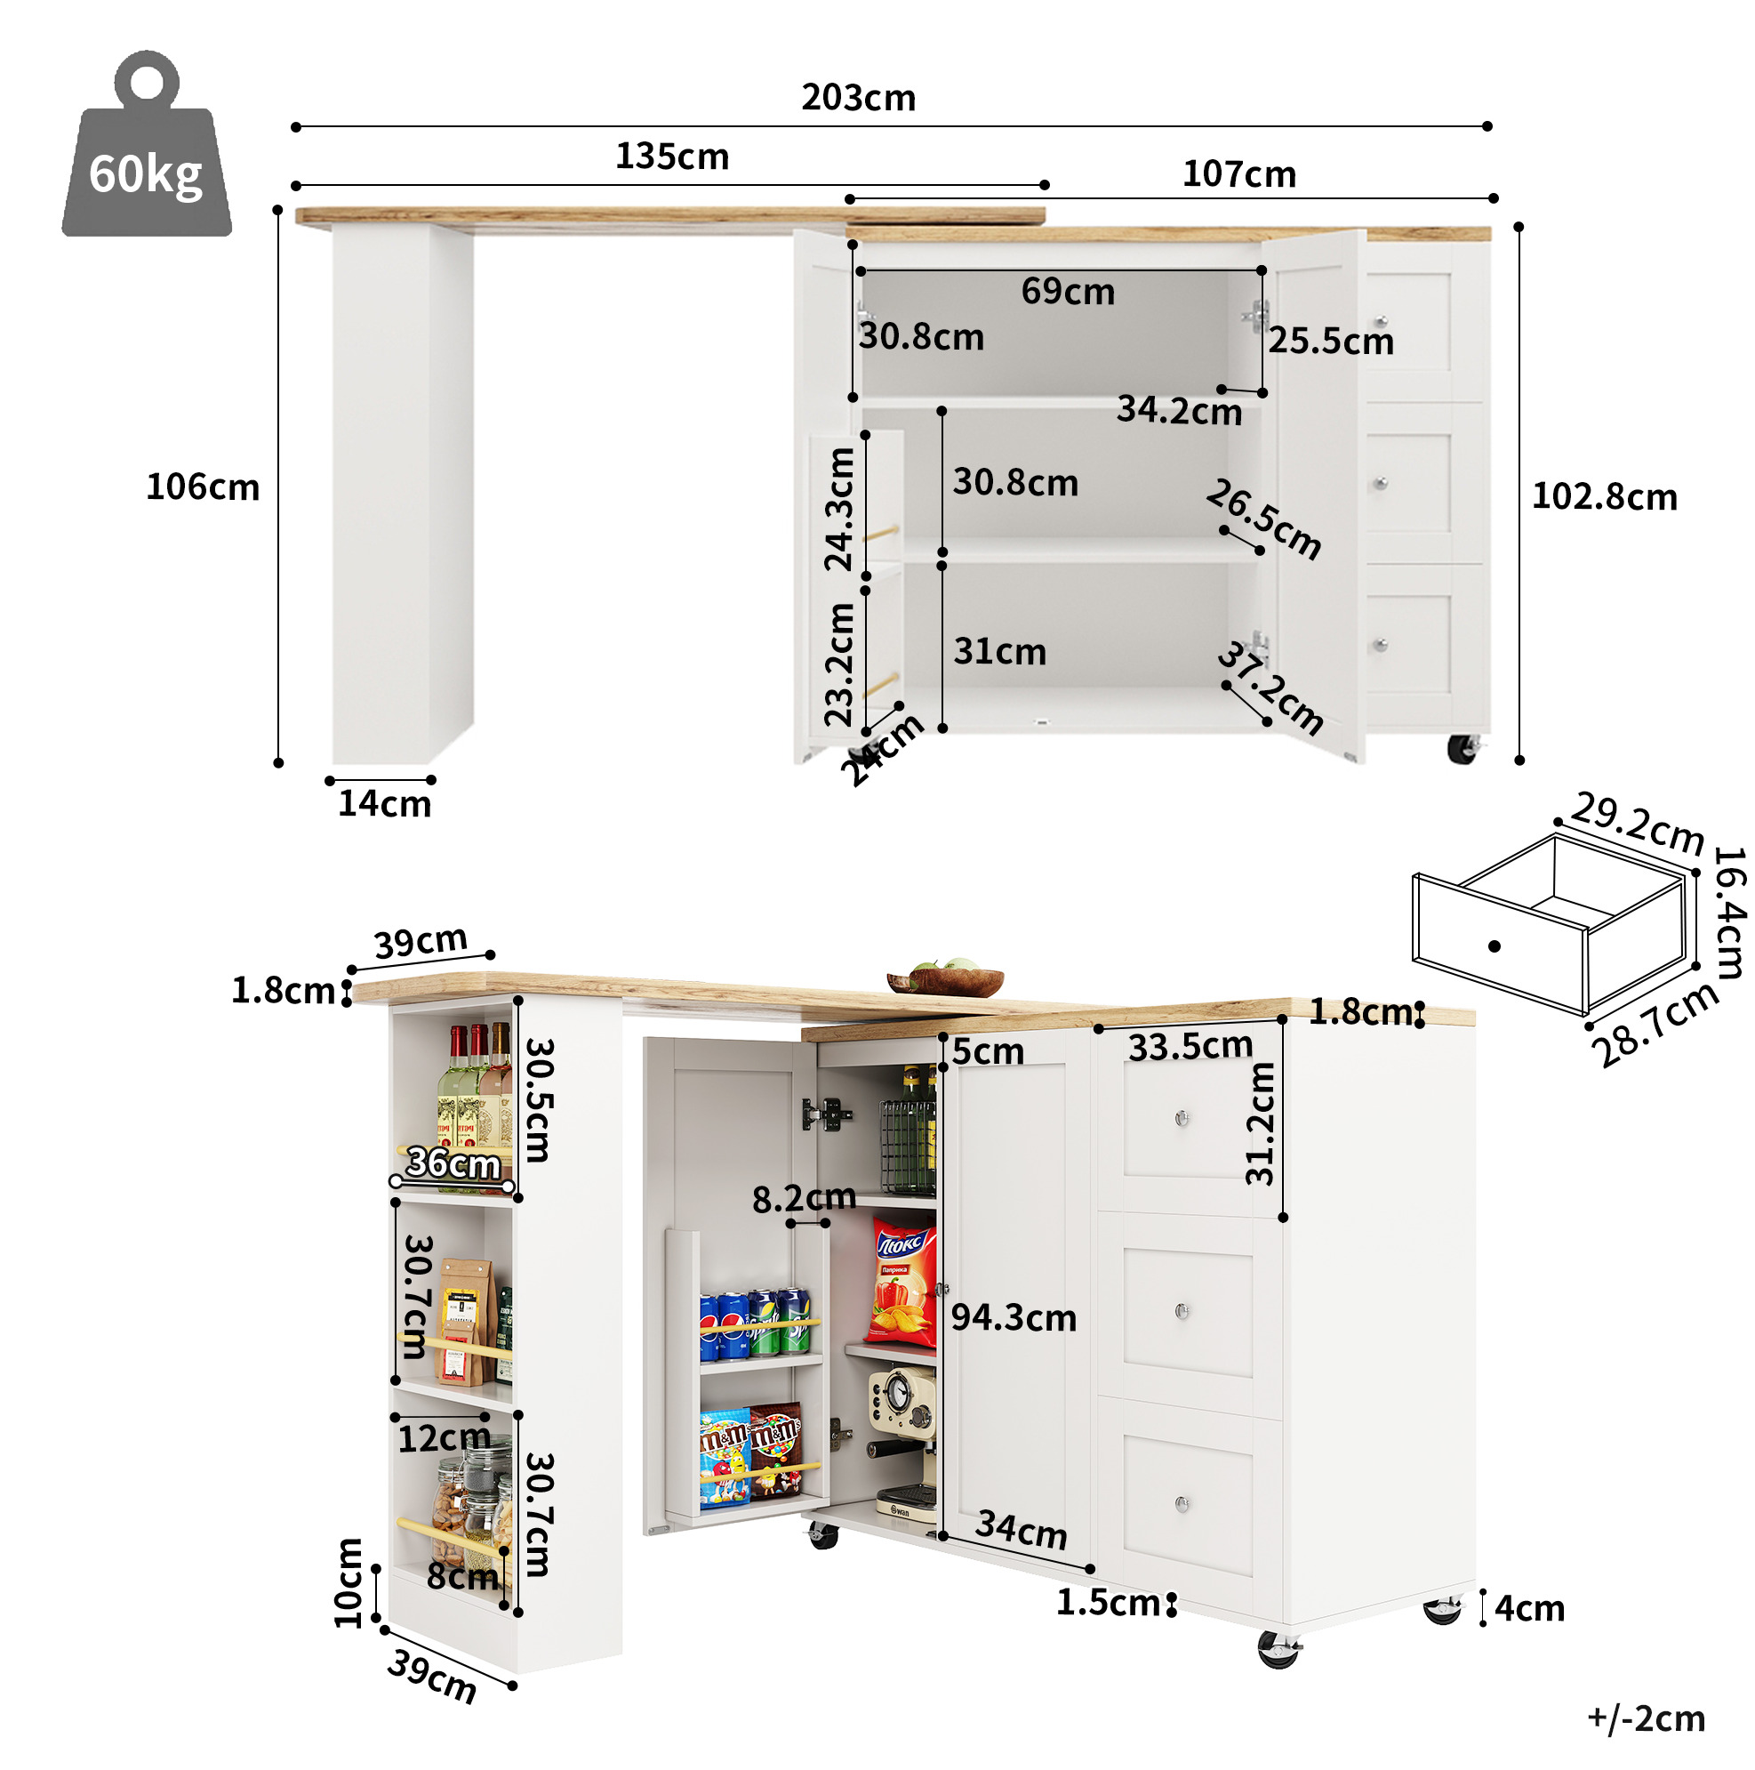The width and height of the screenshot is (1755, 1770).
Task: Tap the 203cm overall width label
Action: click(858, 98)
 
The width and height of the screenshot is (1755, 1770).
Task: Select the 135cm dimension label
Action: click(671, 157)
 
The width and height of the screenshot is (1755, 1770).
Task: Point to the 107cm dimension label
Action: click(1238, 174)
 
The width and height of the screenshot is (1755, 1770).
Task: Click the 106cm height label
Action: click(203, 487)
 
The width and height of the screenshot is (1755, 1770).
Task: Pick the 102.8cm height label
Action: click(1604, 496)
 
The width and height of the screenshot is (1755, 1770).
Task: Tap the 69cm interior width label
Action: click(1067, 292)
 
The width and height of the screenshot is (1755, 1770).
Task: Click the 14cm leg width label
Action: click(384, 803)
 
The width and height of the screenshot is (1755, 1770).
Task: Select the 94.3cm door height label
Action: click(1013, 1317)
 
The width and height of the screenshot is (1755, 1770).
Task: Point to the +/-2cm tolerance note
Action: click(1645, 1718)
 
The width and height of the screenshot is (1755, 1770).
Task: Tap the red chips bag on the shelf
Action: click(902, 1283)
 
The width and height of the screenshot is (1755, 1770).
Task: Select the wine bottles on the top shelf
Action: click(476, 1104)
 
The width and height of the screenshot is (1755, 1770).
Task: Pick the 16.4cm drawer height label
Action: click(1728, 913)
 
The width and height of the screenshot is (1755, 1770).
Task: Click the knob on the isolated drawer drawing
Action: click(1494, 946)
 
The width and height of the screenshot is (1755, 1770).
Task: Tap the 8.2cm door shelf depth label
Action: click(804, 1198)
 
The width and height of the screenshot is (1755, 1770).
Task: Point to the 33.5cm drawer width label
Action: click(1190, 1046)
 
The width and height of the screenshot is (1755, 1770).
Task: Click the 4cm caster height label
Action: click(1529, 1609)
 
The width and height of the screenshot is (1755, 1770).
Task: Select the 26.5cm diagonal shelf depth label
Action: click(1264, 519)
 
